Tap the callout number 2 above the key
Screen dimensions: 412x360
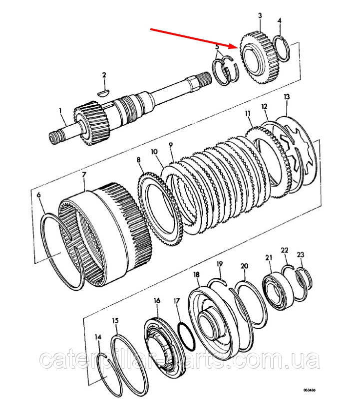coord(104,75)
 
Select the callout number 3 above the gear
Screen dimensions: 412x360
coord(260,16)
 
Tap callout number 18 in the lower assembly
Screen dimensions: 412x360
coord(196,275)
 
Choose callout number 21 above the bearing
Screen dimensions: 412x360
coord(269,257)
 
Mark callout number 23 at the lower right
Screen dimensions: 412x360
coord(300,255)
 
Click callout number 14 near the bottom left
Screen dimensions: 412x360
coord(98,338)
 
